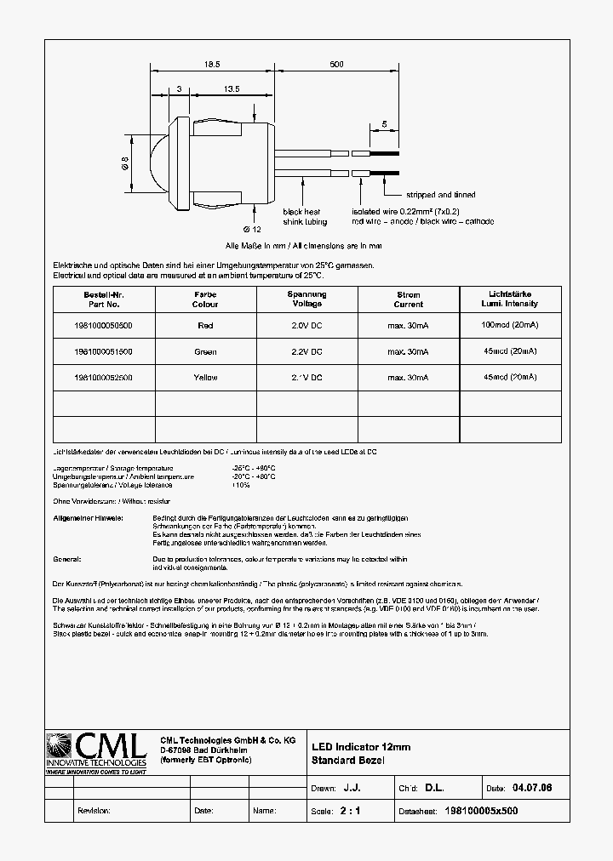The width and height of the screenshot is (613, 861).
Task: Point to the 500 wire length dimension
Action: (x=336, y=65)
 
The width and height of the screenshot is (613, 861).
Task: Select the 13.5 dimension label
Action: (x=229, y=88)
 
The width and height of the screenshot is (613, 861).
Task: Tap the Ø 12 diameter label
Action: (x=252, y=230)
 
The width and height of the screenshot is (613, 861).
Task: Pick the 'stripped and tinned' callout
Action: (x=440, y=195)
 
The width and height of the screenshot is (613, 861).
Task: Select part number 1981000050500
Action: (x=103, y=326)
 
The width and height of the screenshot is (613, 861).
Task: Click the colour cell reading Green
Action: (x=205, y=351)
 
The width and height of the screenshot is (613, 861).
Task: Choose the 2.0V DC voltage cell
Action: (x=306, y=326)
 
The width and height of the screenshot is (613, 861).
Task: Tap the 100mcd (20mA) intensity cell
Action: (x=509, y=325)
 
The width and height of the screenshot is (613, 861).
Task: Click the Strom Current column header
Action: (x=408, y=299)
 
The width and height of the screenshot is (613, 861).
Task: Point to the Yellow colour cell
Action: (x=205, y=377)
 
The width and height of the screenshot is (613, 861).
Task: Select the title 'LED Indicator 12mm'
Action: (x=361, y=747)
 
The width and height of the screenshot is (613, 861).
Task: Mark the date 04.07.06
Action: (x=532, y=789)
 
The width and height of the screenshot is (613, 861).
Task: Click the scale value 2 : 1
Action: (x=350, y=811)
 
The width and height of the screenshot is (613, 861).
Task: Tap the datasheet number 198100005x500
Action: (x=481, y=811)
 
